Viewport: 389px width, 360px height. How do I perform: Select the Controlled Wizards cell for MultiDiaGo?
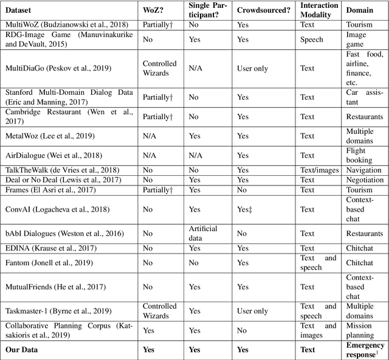[159, 69]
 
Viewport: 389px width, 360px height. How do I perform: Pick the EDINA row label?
[47, 248]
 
